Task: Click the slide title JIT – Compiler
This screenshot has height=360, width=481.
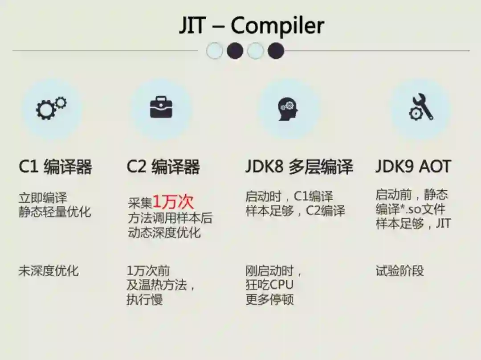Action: (251, 25)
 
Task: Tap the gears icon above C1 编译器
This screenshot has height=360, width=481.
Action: (51, 108)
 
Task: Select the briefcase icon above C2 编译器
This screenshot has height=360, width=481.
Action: (161, 108)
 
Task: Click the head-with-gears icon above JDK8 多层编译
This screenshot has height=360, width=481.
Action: (288, 108)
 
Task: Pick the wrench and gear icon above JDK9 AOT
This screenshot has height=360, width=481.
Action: (421, 108)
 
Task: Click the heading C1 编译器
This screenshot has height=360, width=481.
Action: (55, 167)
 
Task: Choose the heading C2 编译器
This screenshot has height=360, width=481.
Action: (163, 167)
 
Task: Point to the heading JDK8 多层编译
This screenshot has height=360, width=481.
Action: (299, 167)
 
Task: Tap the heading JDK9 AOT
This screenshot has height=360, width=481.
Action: (413, 167)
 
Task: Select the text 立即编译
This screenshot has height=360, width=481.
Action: (43, 197)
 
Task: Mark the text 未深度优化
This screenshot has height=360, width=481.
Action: (49, 270)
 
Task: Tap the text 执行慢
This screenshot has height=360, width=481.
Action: (145, 299)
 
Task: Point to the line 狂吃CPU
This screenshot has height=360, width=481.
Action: (269, 285)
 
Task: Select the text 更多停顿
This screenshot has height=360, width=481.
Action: (269, 299)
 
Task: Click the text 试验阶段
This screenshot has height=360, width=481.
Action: (399, 270)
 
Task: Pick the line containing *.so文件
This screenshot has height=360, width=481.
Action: (410, 209)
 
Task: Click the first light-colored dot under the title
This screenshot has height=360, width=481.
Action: (214, 51)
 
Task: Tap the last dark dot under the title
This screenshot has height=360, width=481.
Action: (276, 51)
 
